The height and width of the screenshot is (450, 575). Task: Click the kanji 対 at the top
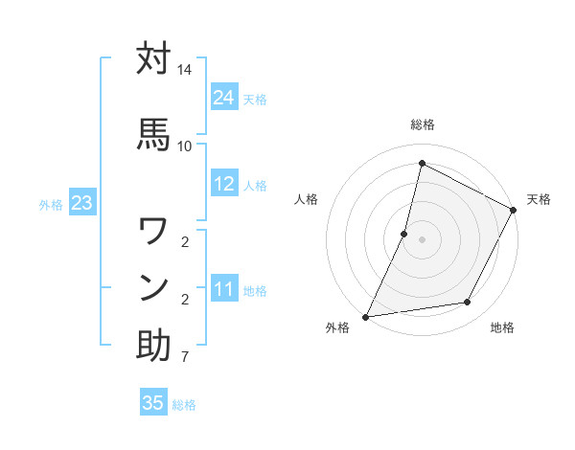pos(153,59)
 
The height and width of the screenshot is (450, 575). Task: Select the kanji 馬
pos(153,134)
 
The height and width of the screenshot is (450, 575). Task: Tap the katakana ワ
pos(153,232)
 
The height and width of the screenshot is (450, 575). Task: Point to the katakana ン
pos(153,287)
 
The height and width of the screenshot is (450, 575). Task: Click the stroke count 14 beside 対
pos(185,71)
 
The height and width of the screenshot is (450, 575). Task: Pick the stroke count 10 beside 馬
pos(185,146)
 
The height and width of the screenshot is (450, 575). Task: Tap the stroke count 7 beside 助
pos(185,357)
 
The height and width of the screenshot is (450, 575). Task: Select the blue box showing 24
pos(224,98)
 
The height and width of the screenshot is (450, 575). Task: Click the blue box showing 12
pos(224,184)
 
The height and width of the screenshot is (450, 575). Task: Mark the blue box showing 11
pos(224,289)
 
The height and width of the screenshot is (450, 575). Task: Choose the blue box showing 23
pos(81,203)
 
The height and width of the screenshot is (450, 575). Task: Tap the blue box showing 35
pos(153,403)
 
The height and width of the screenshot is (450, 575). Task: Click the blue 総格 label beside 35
pos(184,405)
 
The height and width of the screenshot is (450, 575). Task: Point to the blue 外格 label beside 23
pos(51,204)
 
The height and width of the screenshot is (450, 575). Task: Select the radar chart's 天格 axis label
pos(539,199)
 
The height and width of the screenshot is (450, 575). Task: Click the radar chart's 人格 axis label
pos(306,199)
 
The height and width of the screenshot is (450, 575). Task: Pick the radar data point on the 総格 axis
pos(422,164)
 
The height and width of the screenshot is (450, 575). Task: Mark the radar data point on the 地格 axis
pos(468,303)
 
